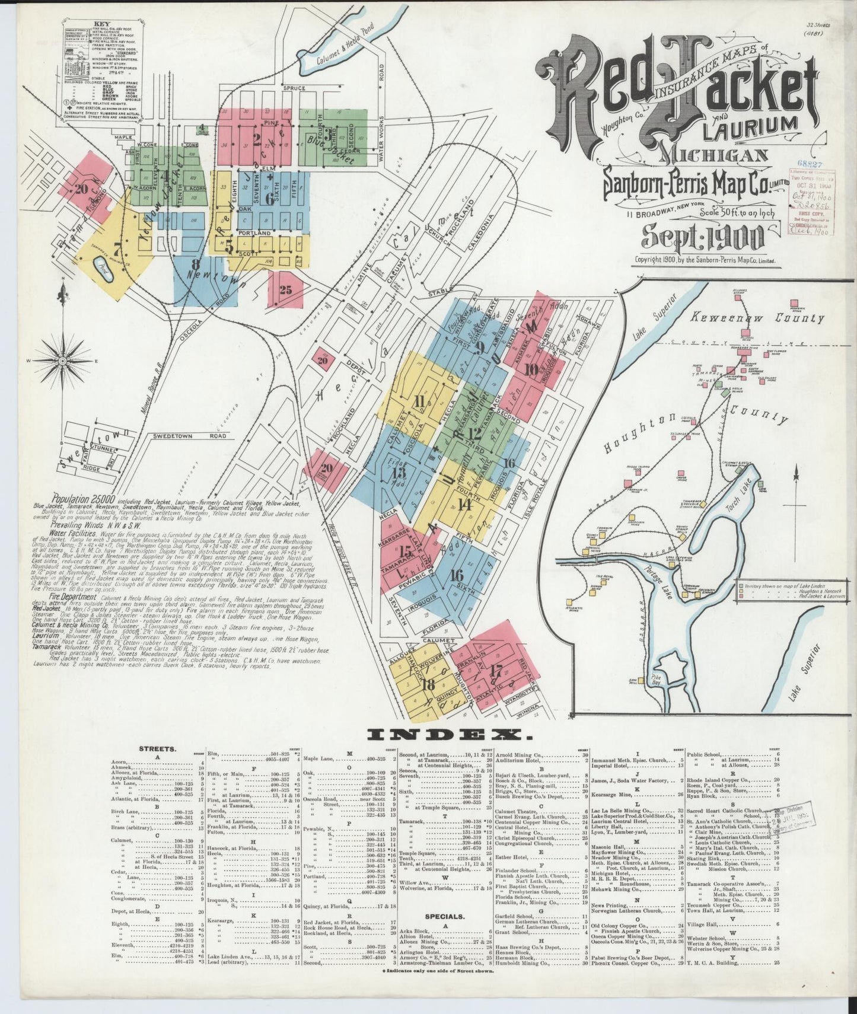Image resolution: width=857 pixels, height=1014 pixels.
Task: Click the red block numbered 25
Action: click(285, 290)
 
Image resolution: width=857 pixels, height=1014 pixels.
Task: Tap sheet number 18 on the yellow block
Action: click(426, 684)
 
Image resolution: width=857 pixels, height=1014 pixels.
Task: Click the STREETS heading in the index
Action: click(157, 749)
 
